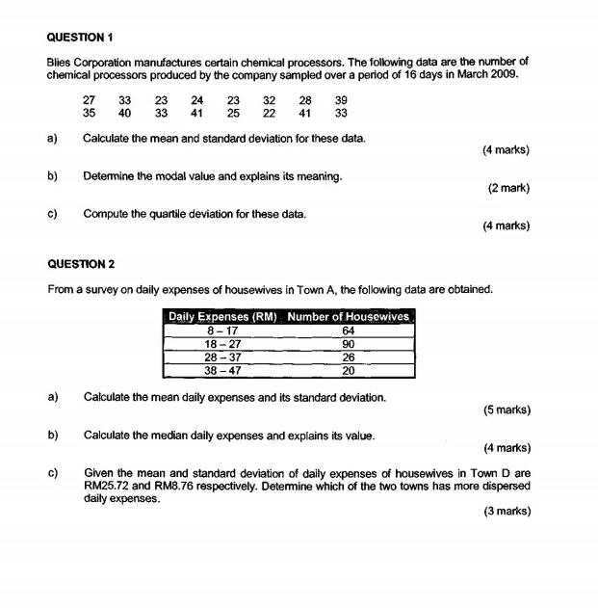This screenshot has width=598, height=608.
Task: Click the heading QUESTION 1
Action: tap(81, 38)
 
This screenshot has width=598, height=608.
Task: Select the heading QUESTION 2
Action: tap(81, 263)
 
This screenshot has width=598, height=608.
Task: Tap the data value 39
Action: tap(341, 99)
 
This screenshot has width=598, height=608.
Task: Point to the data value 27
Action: tap(90, 99)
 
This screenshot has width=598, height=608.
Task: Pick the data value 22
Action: tap(269, 113)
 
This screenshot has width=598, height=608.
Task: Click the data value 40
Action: tap(125, 113)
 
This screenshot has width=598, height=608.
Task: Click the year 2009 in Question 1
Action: tap(506, 74)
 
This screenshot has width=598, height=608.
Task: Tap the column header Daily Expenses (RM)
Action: tap(223, 317)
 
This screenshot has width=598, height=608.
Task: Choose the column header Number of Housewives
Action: tap(349, 317)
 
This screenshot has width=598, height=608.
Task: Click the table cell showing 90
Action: tap(349, 344)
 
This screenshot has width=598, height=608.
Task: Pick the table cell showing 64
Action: tap(349, 331)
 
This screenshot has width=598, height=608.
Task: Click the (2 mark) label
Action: tap(508, 188)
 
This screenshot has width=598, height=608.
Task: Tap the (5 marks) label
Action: tap(507, 410)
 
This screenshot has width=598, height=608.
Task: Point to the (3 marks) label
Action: tap(507, 512)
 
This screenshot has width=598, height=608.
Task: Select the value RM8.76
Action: tap(185, 487)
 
